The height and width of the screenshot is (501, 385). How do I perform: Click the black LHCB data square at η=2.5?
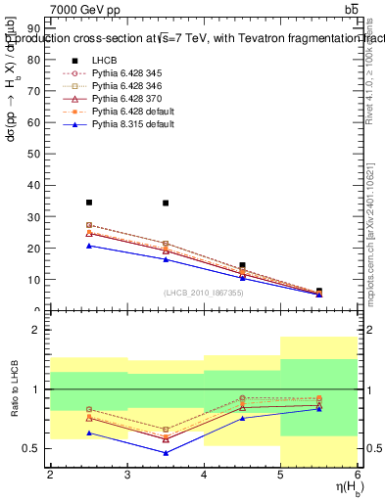pyautogui.click(x=88, y=203)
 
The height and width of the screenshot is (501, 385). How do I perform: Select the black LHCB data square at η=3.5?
pyautogui.click(x=166, y=203)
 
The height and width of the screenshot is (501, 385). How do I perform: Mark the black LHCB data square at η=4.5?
pyautogui.click(x=242, y=265)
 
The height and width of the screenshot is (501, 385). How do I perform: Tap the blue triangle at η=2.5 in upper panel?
pyautogui.click(x=88, y=246)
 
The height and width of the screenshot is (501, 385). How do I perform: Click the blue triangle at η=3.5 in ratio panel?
pyautogui.click(x=166, y=453)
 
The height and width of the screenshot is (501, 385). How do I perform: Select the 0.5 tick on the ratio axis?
pyautogui.click(x=35, y=448)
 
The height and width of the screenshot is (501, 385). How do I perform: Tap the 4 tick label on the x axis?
pyautogui.click(x=204, y=476)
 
